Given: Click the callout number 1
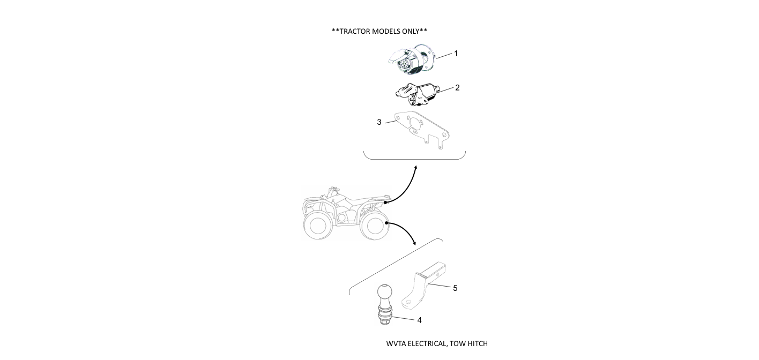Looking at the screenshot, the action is (456, 54).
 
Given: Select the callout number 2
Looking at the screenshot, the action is (457, 88).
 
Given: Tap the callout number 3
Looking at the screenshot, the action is (379, 122).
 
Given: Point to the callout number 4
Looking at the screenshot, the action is (420, 320).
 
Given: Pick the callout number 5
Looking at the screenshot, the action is (455, 288).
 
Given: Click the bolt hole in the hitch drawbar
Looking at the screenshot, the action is (408, 302).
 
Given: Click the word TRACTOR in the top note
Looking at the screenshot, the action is (355, 31).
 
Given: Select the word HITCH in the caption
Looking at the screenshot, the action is (478, 343).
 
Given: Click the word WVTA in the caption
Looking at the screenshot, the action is (396, 343).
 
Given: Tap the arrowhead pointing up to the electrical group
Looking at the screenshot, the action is (416, 167).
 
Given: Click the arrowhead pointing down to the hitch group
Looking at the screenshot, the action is (413, 243).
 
